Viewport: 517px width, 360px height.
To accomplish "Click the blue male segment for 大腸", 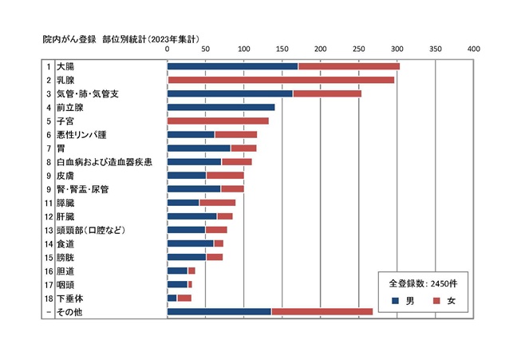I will [232, 66].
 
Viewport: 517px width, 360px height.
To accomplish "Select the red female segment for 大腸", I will [349, 66].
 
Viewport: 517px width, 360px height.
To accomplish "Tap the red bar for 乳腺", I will [281, 80].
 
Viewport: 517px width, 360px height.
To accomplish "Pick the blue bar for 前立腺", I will [221, 107].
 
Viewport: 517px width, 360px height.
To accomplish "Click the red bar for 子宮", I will [218, 121].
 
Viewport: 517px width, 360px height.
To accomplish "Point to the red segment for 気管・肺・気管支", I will [327, 93].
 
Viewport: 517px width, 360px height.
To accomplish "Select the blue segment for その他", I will [219, 311].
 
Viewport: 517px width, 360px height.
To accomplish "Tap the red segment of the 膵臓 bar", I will [217, 203].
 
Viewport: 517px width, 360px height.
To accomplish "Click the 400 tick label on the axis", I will [474, 49].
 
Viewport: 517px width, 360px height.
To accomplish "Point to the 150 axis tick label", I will [282, 49].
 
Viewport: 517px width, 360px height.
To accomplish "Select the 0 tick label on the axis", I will [168, 49].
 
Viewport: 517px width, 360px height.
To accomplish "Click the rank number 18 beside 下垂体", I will [48, 298].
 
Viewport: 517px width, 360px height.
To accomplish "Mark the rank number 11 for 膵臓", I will [48, 203].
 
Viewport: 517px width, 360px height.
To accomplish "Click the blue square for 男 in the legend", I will [396, 301].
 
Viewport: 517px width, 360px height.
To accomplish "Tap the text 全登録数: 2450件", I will [422, 283].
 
